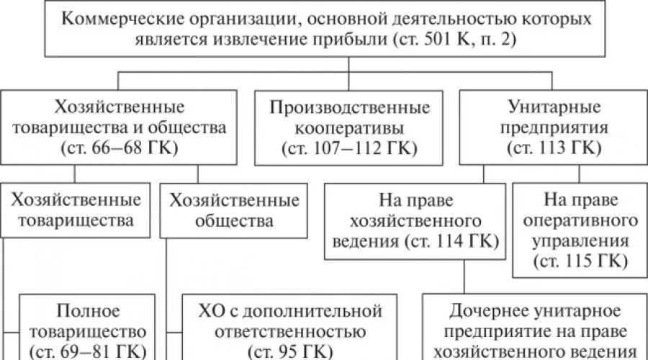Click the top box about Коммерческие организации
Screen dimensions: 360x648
click(x=348, y=29)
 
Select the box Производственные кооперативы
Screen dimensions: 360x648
click(x=350, y=128)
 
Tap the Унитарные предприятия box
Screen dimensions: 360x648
click(x=554, y=128)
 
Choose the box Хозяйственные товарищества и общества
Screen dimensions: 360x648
click(x=119, y=128)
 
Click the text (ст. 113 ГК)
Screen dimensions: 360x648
click(x=554, y=149)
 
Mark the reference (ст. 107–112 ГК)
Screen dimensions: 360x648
click(x=350, y=149)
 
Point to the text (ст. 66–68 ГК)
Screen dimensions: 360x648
click(x=119, y=149)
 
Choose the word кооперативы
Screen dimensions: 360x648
click(x=350, y=128)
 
